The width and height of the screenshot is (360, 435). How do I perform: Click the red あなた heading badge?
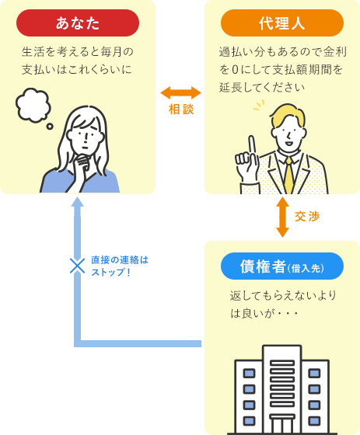coord(78,23)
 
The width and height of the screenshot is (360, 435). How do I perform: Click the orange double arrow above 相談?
coord(180,92)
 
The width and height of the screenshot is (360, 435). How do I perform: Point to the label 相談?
coord(180,110)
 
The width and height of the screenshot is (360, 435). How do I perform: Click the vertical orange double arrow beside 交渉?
coord(281,216)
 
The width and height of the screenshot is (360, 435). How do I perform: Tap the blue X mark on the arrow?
coord(76,266)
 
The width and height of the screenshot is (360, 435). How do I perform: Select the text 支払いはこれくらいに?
coord(77,70)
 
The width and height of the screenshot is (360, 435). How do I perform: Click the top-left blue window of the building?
coord(250,372)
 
